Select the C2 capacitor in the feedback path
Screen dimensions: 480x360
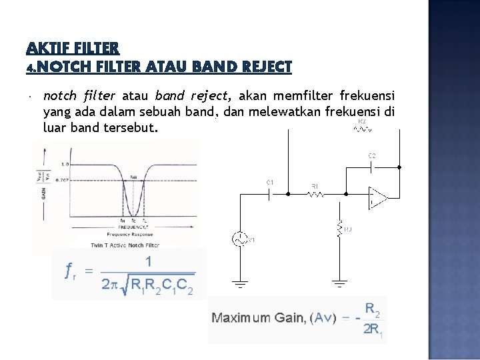[x=372, y=165]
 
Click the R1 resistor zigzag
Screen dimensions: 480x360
[x=315, y=195]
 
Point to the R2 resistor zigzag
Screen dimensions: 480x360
[x=362, y=130]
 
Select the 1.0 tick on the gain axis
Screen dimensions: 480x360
[x=65, y=164]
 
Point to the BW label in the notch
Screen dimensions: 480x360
[x=133, y=177]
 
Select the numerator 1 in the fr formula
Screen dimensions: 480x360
[x=148, y=261]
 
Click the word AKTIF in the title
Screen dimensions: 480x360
[x=47, y=48]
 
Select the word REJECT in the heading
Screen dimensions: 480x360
[x=264, y=67]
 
